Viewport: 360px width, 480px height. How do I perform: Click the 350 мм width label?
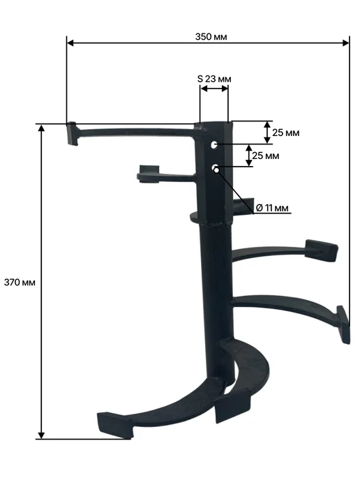(211, 37)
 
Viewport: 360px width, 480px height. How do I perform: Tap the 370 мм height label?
(20, 283)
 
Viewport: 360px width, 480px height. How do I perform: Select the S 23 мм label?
(214, 79)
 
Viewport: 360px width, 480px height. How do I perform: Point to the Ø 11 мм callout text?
(272, 208)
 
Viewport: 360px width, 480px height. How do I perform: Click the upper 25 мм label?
(286, 133)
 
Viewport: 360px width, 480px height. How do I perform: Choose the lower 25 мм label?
(266, 156)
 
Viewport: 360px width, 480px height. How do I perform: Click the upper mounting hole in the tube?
(214, 144)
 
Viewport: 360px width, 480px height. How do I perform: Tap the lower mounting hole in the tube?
(215, 167)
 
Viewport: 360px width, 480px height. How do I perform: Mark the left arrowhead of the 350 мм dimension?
(70, 43)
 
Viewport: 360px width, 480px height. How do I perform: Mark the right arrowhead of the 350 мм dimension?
(346, 43)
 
